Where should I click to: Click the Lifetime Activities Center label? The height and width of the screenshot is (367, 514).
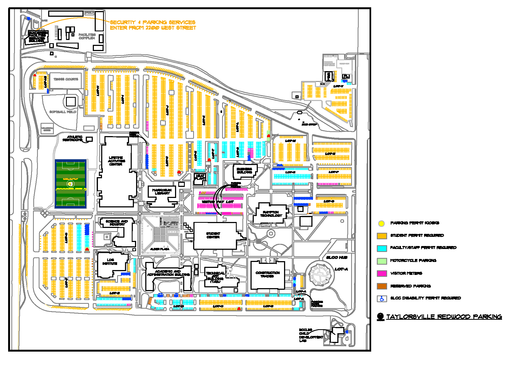click(x=116, y=161)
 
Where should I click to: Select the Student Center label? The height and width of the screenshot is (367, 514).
click(x=213, y=235)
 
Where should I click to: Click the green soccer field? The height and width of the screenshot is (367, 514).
click(x=71, y=184)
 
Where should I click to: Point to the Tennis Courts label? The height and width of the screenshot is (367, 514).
click(x=66, y=79)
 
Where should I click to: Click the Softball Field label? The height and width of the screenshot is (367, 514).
click(x=63, y=112)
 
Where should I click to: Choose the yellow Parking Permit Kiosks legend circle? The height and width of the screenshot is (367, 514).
click(x=381, y=223)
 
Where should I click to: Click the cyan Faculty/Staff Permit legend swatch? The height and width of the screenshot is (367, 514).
click(x=382, y=248)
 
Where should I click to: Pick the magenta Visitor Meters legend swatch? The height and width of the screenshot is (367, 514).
click(x=382, y=273)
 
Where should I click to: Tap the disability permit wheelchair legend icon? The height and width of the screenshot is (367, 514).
click(x=382, y=299)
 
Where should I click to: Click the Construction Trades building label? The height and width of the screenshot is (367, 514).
click(x=267, y=274)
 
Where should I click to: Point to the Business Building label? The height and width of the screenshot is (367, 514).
click(x=244, y=171)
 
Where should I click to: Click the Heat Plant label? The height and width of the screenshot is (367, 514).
click(x=200, y=177)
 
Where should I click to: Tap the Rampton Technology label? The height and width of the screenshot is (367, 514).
click(x=271, y=214)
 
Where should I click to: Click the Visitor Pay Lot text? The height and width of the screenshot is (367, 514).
click(x=218, y=202)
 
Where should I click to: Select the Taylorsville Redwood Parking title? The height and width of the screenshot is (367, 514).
click(x=444, y=317)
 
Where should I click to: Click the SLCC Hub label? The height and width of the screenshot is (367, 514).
click(x=337, y=257)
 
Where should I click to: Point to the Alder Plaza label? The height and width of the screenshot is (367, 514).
click(x=160, y=249)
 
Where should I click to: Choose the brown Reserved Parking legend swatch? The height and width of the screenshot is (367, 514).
click(x=382, y=286)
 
